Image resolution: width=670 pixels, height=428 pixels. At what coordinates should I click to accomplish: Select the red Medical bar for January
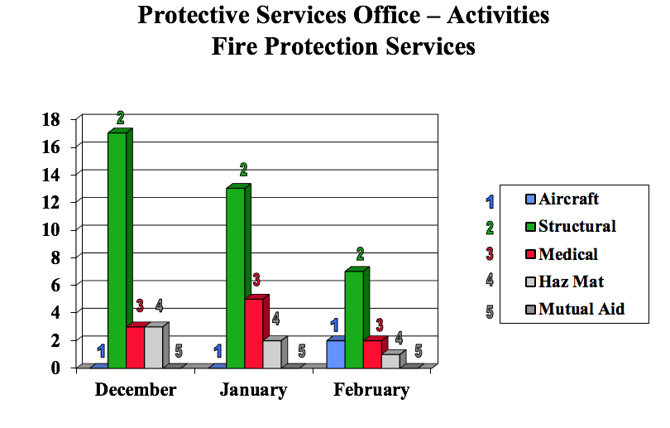pos(254,333)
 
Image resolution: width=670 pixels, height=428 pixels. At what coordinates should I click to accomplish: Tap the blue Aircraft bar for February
pos(335,353)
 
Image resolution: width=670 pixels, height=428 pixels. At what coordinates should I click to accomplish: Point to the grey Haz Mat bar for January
pos(272,353)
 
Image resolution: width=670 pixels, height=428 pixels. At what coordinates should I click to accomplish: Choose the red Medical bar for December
pos(136,347)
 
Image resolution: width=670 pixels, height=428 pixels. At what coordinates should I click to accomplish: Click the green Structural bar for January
pos(235,277)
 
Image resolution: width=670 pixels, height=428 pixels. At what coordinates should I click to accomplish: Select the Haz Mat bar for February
pos(390,360)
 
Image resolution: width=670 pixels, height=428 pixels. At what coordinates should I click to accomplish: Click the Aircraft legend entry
pos(568,199)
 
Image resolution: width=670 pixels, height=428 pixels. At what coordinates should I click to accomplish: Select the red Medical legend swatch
pos(530,254)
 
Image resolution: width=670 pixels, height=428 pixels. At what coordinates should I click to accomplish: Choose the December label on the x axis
pos(136,390)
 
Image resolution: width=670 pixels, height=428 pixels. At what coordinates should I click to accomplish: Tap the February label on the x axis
pos(371,390)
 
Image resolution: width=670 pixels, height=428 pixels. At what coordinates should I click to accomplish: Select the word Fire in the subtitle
pos(236,46)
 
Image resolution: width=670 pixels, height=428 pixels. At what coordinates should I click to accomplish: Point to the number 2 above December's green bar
pos(121,118)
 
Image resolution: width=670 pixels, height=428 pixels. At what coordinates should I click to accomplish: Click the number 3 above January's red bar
pos(256,280)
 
